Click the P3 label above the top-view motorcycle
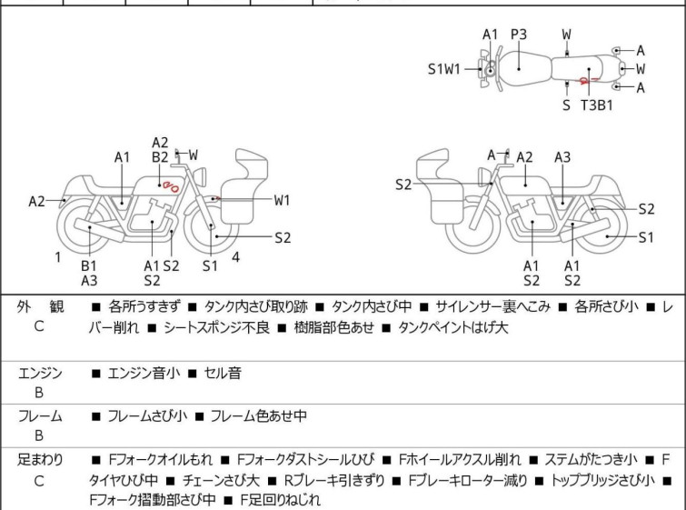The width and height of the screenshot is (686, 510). click(519, 35)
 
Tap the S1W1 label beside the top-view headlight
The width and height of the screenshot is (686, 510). click(445, 68)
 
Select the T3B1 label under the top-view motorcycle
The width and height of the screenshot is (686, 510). click(596, 105)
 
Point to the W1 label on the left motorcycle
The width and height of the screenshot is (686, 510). click(282, 199)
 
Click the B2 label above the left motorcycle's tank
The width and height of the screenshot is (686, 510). click(160, 157)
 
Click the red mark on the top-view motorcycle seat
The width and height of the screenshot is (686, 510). click(588, 79)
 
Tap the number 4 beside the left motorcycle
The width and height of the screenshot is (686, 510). click(235, 257)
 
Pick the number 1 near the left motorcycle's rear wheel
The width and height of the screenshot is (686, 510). click(57, 257)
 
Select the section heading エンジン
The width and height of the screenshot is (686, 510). click(40, 372)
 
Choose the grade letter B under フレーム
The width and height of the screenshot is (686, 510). click(39, 435)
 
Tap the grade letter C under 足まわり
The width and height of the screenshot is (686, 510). click(39, 480)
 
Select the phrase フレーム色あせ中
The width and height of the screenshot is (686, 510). click(258, 416)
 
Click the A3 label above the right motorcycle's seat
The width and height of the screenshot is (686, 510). click(562, 157)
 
